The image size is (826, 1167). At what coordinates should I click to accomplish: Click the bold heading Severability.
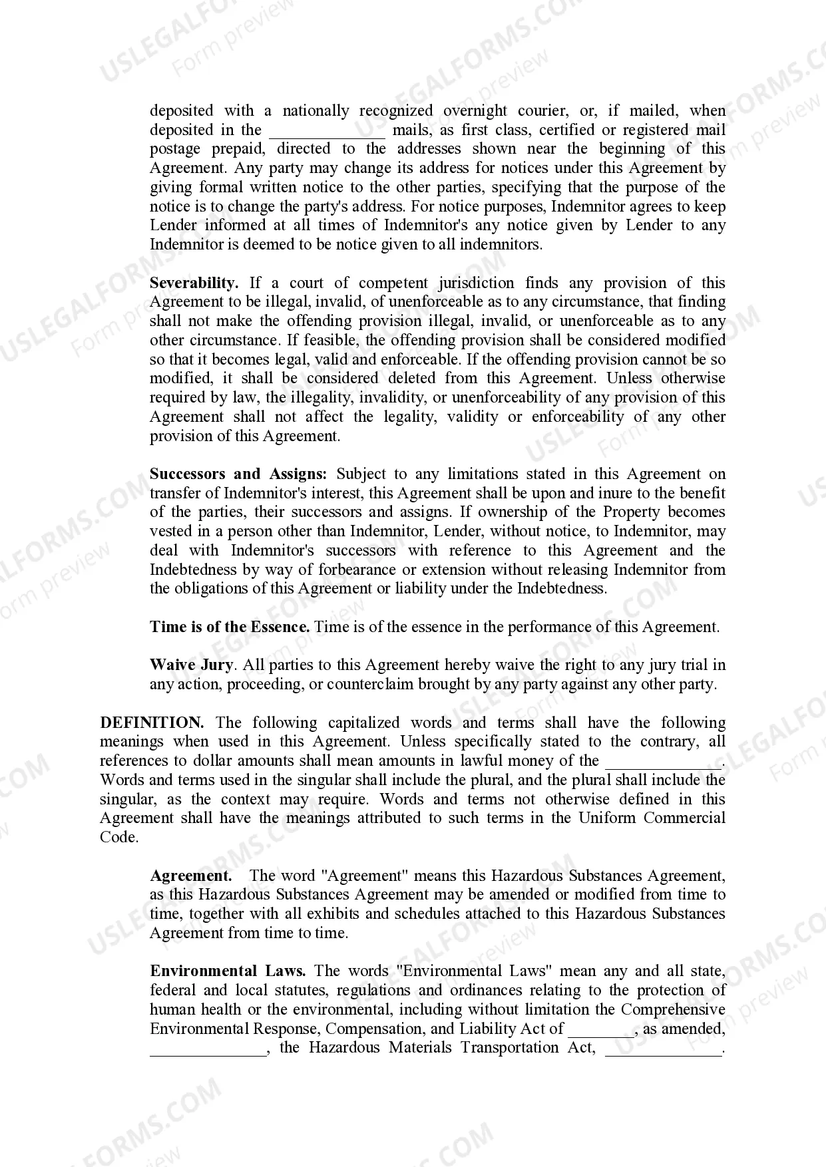[x=194, y=283]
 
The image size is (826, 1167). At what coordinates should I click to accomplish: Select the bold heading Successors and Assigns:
[x=238, y=474]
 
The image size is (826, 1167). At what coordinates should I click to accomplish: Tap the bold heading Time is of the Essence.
[x=230, y=627]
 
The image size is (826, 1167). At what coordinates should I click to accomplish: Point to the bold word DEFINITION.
[x=152, y=723]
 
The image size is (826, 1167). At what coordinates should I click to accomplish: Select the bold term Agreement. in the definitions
[x=191, y=876]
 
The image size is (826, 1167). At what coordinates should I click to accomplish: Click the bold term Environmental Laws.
[x=228, y=971]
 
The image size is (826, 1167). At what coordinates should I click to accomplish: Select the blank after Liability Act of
[x=600, y=1030]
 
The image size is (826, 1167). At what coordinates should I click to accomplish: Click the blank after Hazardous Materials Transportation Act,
[x=663, y=1049]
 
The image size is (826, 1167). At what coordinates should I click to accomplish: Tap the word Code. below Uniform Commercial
[x=119, y=837]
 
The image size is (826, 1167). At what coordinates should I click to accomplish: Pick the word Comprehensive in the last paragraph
[x=673, y=1009]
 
